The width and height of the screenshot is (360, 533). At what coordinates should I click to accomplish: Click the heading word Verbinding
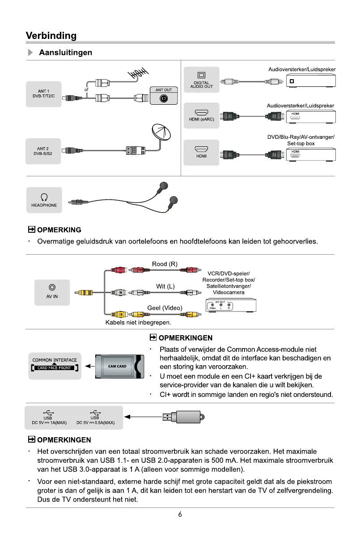coord(51,36)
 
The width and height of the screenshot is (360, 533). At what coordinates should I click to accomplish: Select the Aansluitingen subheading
coord(66,53)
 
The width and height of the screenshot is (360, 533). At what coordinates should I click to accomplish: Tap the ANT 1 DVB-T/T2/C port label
coord(43,94)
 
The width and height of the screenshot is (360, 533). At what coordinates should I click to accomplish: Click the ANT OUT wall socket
coord(164,96)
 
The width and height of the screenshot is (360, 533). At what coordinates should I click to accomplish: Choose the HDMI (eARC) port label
coord(201,115)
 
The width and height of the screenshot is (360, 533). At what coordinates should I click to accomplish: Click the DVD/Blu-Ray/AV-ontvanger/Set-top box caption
coord(301,140)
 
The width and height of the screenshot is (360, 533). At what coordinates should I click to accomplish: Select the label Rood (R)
coord(165,264)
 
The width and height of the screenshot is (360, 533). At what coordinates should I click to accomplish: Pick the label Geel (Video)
coord(165,307)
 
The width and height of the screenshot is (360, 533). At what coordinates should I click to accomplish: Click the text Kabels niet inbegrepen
coord(138,322)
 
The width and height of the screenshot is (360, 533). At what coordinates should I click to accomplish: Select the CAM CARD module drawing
coord(118,366)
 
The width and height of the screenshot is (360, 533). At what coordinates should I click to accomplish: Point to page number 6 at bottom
coord(180,515)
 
